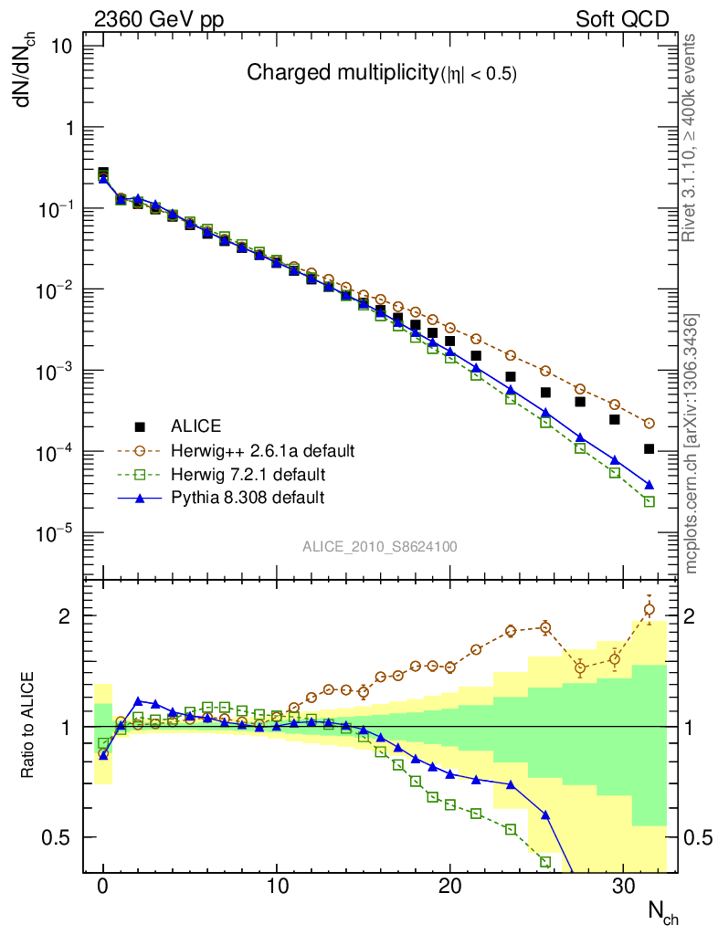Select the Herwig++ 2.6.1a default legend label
point(263,451)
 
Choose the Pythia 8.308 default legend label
point(247,499)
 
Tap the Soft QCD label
point(622,19)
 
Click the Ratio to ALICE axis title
point(27,726)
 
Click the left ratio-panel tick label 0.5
point(66,837)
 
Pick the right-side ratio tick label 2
point(694,616)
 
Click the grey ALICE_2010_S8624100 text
point(380,547)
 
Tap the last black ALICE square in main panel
point(649,448)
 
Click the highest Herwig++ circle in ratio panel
point(649,609)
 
